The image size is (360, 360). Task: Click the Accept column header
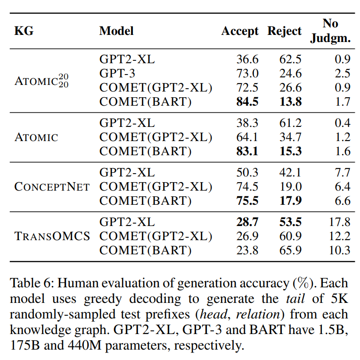pos(240,31)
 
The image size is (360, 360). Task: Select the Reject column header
pos(284,31)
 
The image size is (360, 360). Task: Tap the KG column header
pos(25,32)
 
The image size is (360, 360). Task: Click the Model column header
pos(116,31)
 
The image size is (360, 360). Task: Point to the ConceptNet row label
pos(52,186)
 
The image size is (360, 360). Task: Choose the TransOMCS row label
pos(52,236)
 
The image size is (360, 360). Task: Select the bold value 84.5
pos(247,101)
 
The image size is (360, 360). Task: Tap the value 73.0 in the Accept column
pos(247,73)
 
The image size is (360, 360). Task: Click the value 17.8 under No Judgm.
pos(339,222)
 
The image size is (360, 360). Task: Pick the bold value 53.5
pos(290,222)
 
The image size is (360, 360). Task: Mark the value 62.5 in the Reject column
pos(290,59)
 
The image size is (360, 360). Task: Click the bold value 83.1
pos(247,151)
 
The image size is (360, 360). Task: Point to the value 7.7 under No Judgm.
pos(342,172)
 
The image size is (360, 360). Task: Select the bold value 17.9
pos(290,201)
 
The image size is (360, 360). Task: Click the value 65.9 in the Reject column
pos(290,250)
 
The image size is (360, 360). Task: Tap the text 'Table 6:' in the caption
pos(30,283)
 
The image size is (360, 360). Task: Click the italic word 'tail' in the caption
pos(294,299)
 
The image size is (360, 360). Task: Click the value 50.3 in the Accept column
pos(247,172)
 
